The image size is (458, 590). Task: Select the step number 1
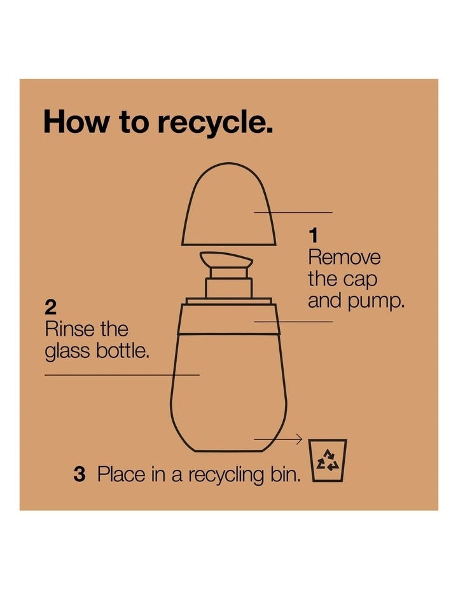pos(313,236)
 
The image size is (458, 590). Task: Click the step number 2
pos(50,308)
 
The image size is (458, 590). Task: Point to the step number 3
pos(80,474)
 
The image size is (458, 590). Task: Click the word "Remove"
pos(344,257)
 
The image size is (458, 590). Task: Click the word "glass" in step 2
pos(67,352)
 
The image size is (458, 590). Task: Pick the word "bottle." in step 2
pos(122,350)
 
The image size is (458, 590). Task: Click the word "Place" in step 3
pos(121,474)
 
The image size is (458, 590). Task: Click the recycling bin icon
pos(328,460)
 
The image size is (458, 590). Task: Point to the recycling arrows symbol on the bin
pos(328,460)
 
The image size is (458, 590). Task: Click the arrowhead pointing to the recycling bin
pos(299,439)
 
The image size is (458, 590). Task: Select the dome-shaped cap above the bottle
pos(228,203)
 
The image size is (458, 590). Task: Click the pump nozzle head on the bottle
pos(226,259)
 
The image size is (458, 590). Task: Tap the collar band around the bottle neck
pos(229,319)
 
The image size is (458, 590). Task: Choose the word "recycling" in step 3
pos(226,475)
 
